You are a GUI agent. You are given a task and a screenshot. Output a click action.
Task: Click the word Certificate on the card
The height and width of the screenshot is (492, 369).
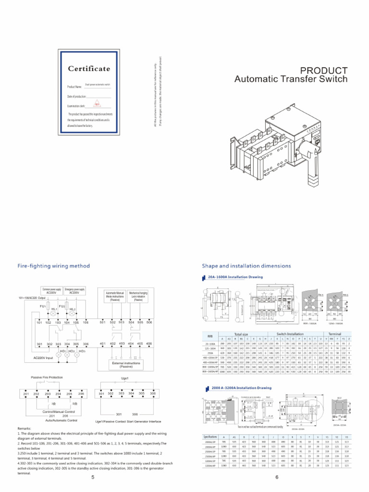(x=88, y=69)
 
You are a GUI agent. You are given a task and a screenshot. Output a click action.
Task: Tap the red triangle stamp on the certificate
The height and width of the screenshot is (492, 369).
(x=97, y=104)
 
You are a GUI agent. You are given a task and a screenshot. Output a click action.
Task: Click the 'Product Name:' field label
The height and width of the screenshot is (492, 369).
(x=74, y=87)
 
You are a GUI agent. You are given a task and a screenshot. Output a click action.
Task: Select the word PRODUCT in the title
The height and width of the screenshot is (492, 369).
(x=324, y=70)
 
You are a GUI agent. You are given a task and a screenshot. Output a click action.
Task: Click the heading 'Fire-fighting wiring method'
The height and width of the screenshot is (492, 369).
(x=53, y=265)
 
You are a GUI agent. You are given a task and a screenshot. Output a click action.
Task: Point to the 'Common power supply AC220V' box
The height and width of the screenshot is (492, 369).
(x=52, y=291)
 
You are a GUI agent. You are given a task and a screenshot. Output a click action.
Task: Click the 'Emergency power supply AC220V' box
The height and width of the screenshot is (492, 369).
(x=74, y=291)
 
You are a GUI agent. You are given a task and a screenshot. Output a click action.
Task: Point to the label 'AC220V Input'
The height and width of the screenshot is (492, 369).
(x=47, y=357)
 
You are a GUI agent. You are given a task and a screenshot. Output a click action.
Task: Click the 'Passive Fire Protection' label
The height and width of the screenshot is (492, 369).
(x=47, y=378)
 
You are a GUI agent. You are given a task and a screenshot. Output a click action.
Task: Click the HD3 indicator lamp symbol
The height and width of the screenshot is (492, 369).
(x=82, y=352)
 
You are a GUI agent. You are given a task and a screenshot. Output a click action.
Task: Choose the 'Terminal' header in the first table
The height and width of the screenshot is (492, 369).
(x=335, y=333)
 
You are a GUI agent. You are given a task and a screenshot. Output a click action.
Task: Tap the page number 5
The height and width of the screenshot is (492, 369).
(x=92, y=478)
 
